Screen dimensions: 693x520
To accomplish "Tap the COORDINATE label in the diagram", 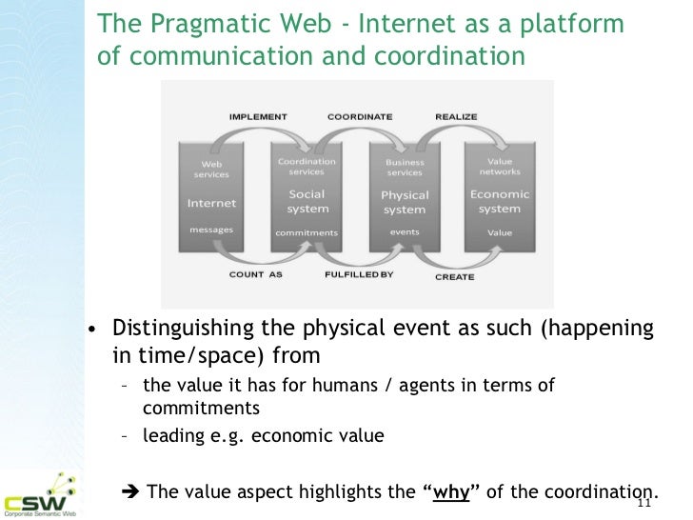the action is (x=359, y=116).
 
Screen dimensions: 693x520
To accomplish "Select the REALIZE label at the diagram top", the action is (x=455, y=116).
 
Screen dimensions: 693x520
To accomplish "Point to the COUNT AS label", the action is (x=257, y=275).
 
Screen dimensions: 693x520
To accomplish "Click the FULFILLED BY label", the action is (x=359, y=275).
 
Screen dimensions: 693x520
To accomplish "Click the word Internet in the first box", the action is (x=211, y=202).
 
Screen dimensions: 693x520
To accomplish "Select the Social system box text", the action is (x=307, y=202).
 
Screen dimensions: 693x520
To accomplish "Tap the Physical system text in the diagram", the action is (x=405, y=202).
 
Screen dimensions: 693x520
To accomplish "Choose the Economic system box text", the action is (x=500, y=202).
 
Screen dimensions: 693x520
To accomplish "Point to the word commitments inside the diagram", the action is (x=307, y=232).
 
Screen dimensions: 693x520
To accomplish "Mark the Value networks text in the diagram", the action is (x=500, y=168).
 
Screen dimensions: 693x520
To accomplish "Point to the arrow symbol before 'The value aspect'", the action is (x=132, y=491).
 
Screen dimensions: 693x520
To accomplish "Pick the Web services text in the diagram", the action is (x=211, y=169).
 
